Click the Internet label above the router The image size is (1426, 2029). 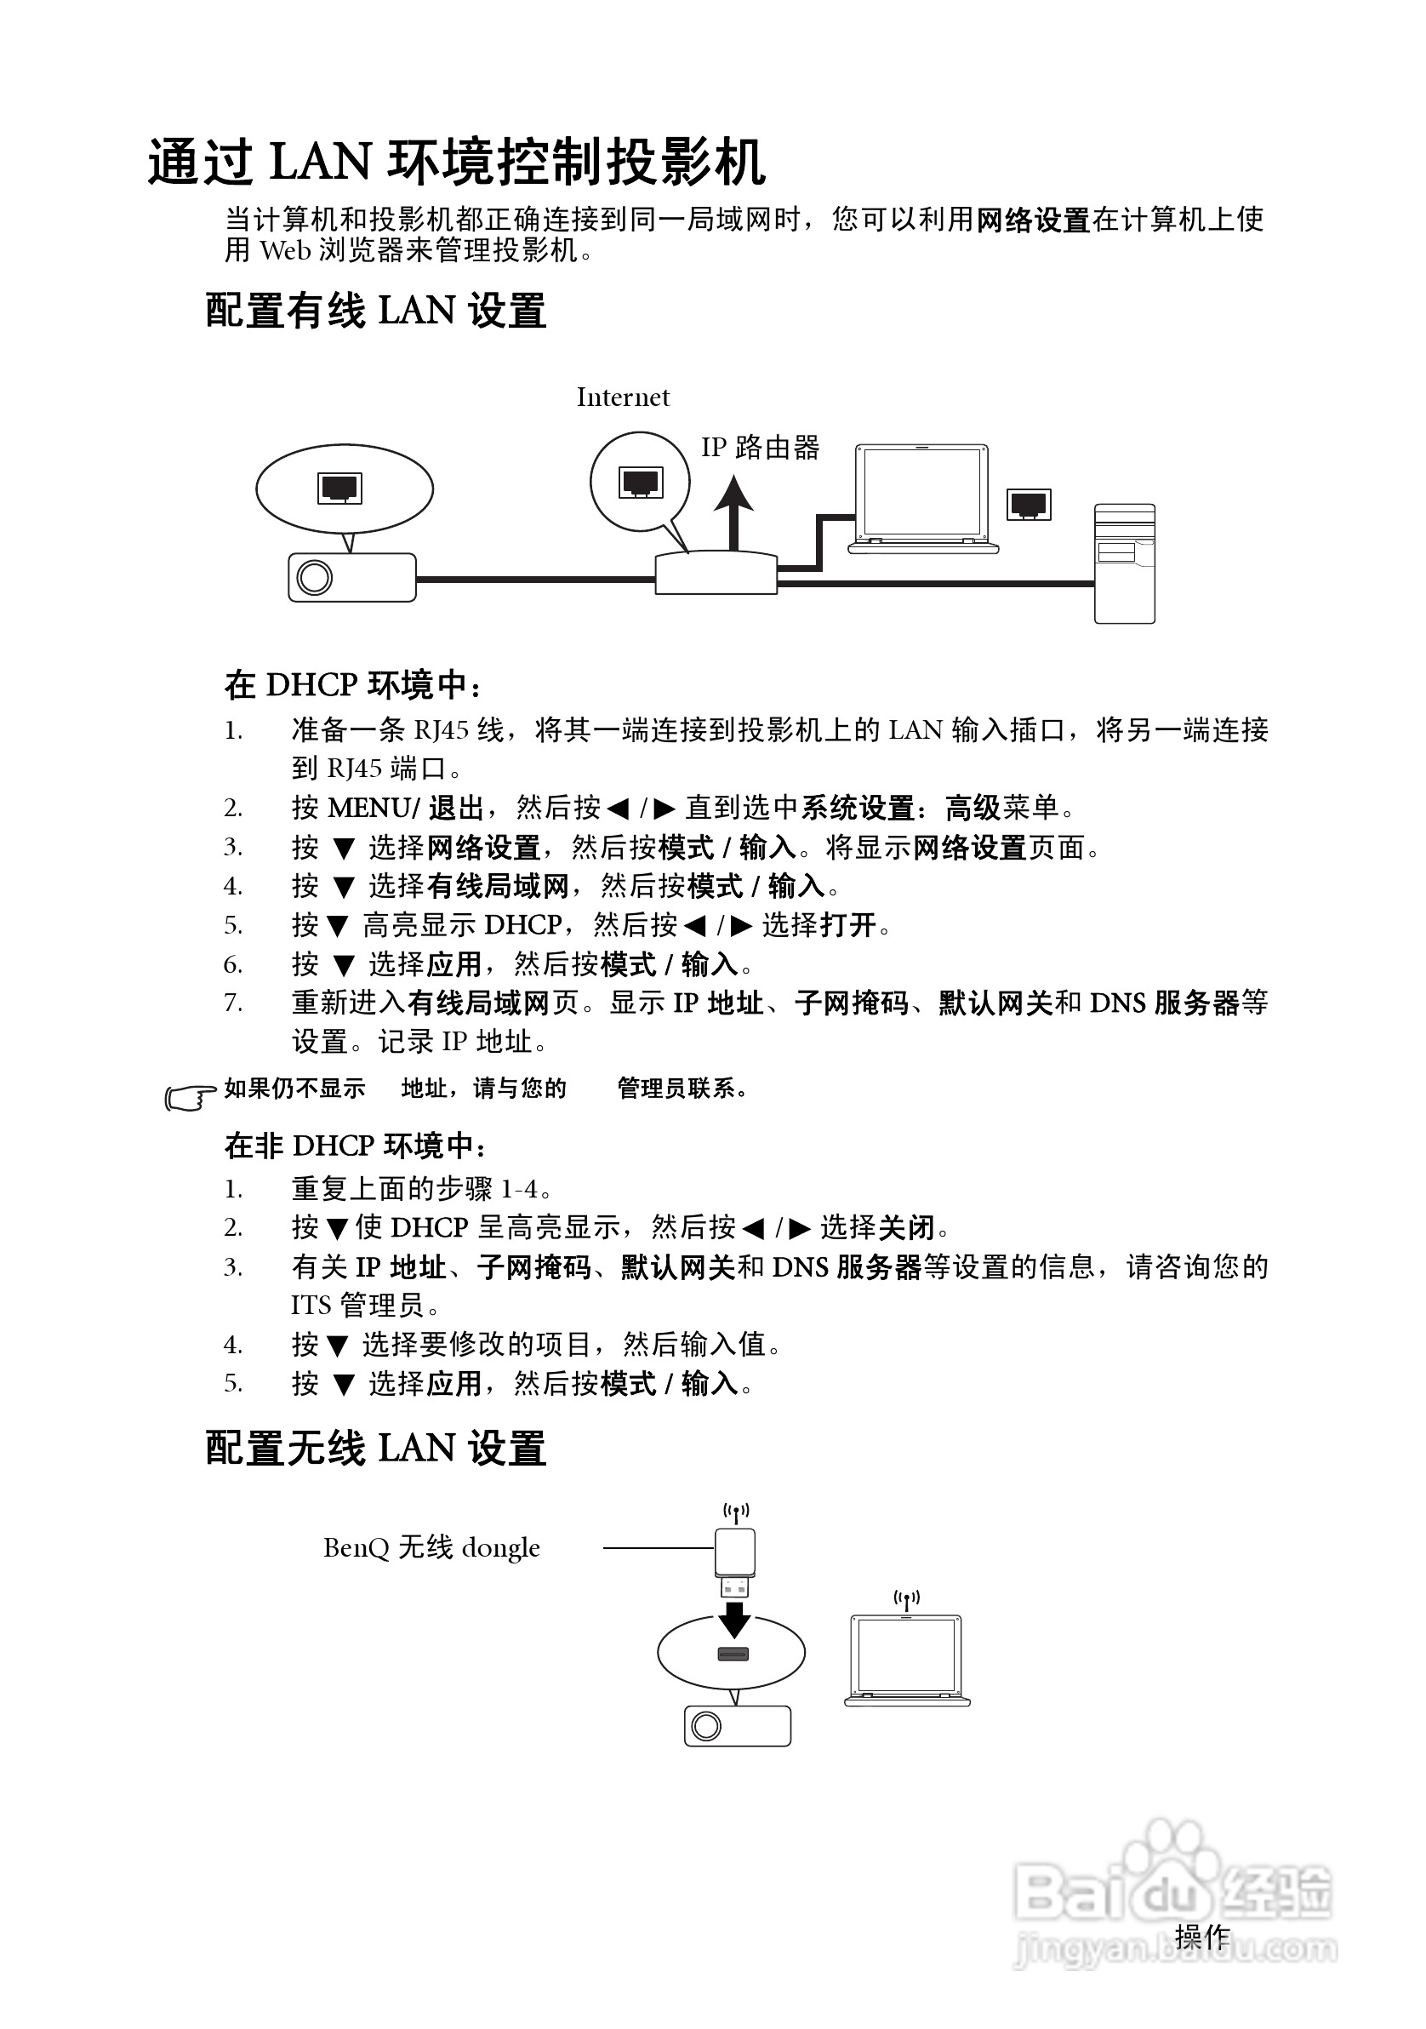coord(623,397)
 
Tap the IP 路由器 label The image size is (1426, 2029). coord(760,447)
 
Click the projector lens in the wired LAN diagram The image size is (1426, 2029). coord(315,578)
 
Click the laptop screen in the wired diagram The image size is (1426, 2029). coord(921,491)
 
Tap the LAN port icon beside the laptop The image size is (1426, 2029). coord(1029,505)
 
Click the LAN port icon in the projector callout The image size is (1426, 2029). coord(340,488)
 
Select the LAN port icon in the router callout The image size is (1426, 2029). coord(642,483)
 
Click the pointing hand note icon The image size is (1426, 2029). coord(189,1097)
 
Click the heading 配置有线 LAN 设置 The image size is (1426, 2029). coord(375,311)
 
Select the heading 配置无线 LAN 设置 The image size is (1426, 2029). coord(375,1449)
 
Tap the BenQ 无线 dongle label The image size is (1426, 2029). coord(431,1547)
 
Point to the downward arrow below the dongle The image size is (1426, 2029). coord(734,1620)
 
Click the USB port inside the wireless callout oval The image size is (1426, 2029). coord(733,1655)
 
